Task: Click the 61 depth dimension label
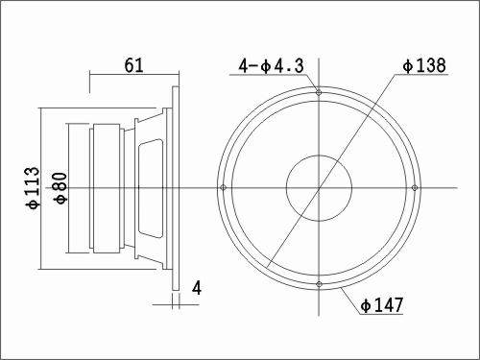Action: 133,65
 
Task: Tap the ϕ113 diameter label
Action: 34,188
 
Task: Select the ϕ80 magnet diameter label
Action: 61,188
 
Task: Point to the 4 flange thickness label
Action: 197,288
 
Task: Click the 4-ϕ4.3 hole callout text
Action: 271,66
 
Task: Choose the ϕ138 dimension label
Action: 424,65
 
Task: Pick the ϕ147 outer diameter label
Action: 382,305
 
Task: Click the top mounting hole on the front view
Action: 319,92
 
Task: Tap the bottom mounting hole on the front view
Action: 319,284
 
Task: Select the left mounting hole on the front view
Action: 224,187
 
